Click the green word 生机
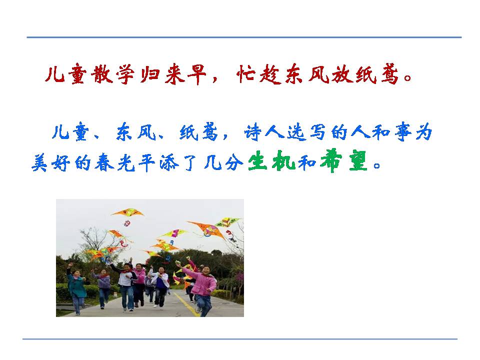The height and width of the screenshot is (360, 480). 272,160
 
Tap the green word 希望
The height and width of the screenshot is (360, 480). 343,160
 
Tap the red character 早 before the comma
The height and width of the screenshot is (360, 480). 196,74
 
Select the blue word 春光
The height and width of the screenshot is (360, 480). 115,162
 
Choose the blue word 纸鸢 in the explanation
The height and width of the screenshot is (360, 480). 199,132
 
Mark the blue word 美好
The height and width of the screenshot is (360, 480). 51,162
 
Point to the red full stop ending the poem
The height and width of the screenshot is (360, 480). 408,78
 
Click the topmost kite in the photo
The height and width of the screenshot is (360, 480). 128,212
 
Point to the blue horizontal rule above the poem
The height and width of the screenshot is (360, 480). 244,37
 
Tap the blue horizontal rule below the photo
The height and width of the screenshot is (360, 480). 240,339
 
